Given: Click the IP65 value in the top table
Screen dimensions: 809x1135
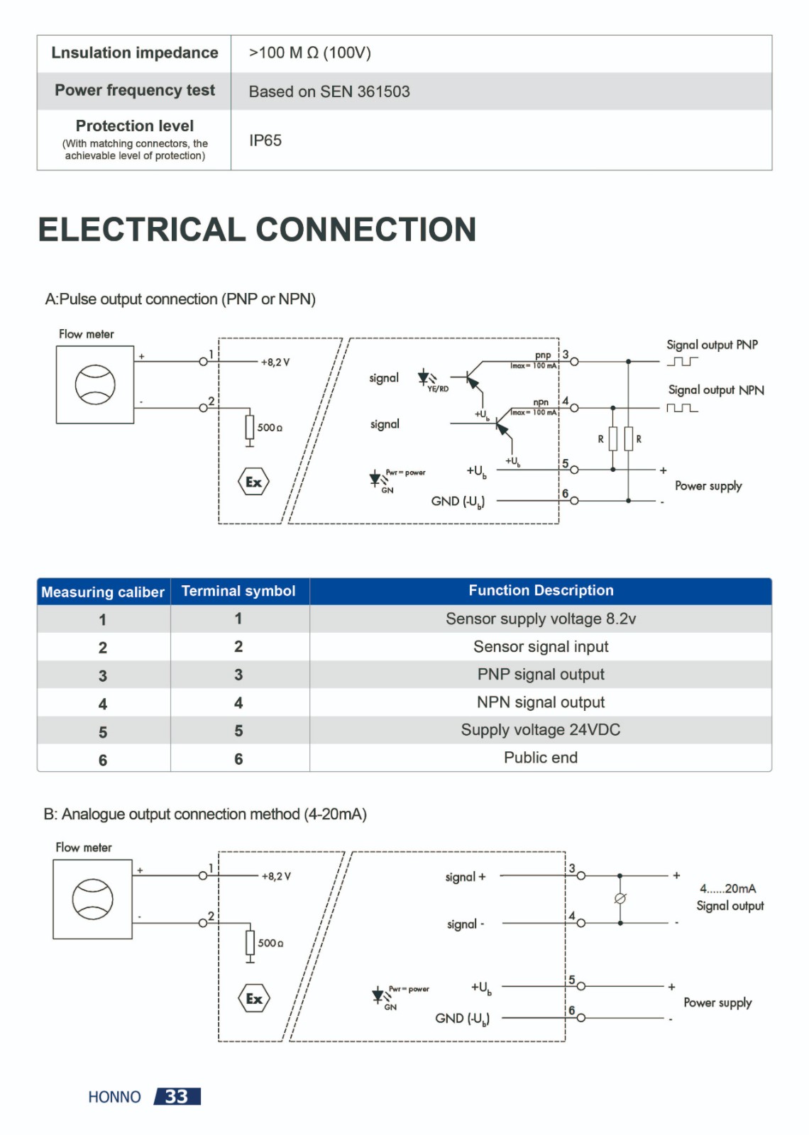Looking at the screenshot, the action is (x=265, y=140).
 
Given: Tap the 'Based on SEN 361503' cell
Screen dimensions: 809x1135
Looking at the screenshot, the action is (x=329, y=92).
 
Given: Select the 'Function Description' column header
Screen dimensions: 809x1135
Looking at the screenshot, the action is (x=541, y=590).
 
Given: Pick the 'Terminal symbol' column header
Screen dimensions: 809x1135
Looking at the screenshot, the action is (x=238, y=591).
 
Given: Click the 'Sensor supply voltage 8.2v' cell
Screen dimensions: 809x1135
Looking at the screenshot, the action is (x=541, y=619).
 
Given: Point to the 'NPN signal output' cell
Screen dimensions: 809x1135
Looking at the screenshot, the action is (x=541, y=702).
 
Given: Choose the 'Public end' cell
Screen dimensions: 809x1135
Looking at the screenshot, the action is (x=541, y=758).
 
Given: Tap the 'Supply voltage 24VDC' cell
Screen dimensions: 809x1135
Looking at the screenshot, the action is (x=541, y=730).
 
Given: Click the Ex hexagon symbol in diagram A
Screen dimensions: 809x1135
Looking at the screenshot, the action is (x=253, y=482).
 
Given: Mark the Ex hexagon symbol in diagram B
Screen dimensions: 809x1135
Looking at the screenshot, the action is (x=254, y=998).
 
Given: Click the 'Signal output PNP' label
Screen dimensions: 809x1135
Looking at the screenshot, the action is (x=712, y=345).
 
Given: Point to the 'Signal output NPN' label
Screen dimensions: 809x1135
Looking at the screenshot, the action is (x=716, y=390).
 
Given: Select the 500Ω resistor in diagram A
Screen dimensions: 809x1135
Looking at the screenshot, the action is (x=249, y=427).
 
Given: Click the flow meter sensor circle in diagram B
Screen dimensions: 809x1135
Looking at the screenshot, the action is (x=93, y=899).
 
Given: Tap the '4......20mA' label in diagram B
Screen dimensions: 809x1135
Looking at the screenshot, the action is (x=728, y=889).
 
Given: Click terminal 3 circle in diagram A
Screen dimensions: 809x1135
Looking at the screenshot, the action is (x=574, y=362).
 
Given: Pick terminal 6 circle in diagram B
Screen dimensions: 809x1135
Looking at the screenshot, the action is (x=581, y=1017).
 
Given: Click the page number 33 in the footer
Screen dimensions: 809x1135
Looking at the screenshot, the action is (x=177, y=1097).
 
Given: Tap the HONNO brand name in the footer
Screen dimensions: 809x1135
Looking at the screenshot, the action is (x=114, y=1097).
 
